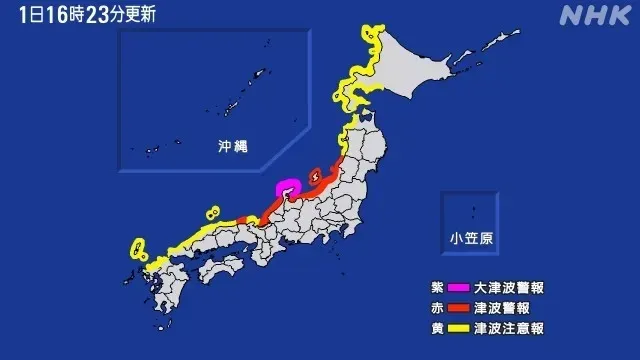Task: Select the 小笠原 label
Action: tap(470, 238)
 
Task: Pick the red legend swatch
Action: tap(459, 307)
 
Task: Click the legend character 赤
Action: tap(425, 307)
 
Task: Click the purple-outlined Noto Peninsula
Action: tap(288, 188)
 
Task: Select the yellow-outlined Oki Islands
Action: tap(211, 212)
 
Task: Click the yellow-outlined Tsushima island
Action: tap(136, 247)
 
